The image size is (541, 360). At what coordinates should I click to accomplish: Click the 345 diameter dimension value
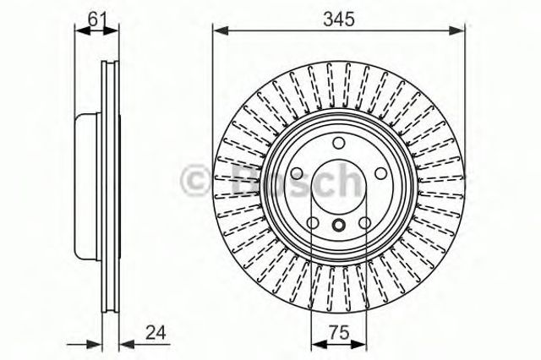(x=338, y=14)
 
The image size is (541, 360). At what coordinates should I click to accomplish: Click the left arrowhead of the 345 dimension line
(x=217, y=30)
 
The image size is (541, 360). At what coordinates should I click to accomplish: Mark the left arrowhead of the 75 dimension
(x=316, y=343)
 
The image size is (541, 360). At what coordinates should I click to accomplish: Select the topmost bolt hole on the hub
(x=338, y=143)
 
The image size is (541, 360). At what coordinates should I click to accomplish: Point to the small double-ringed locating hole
(x=338, y=225)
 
